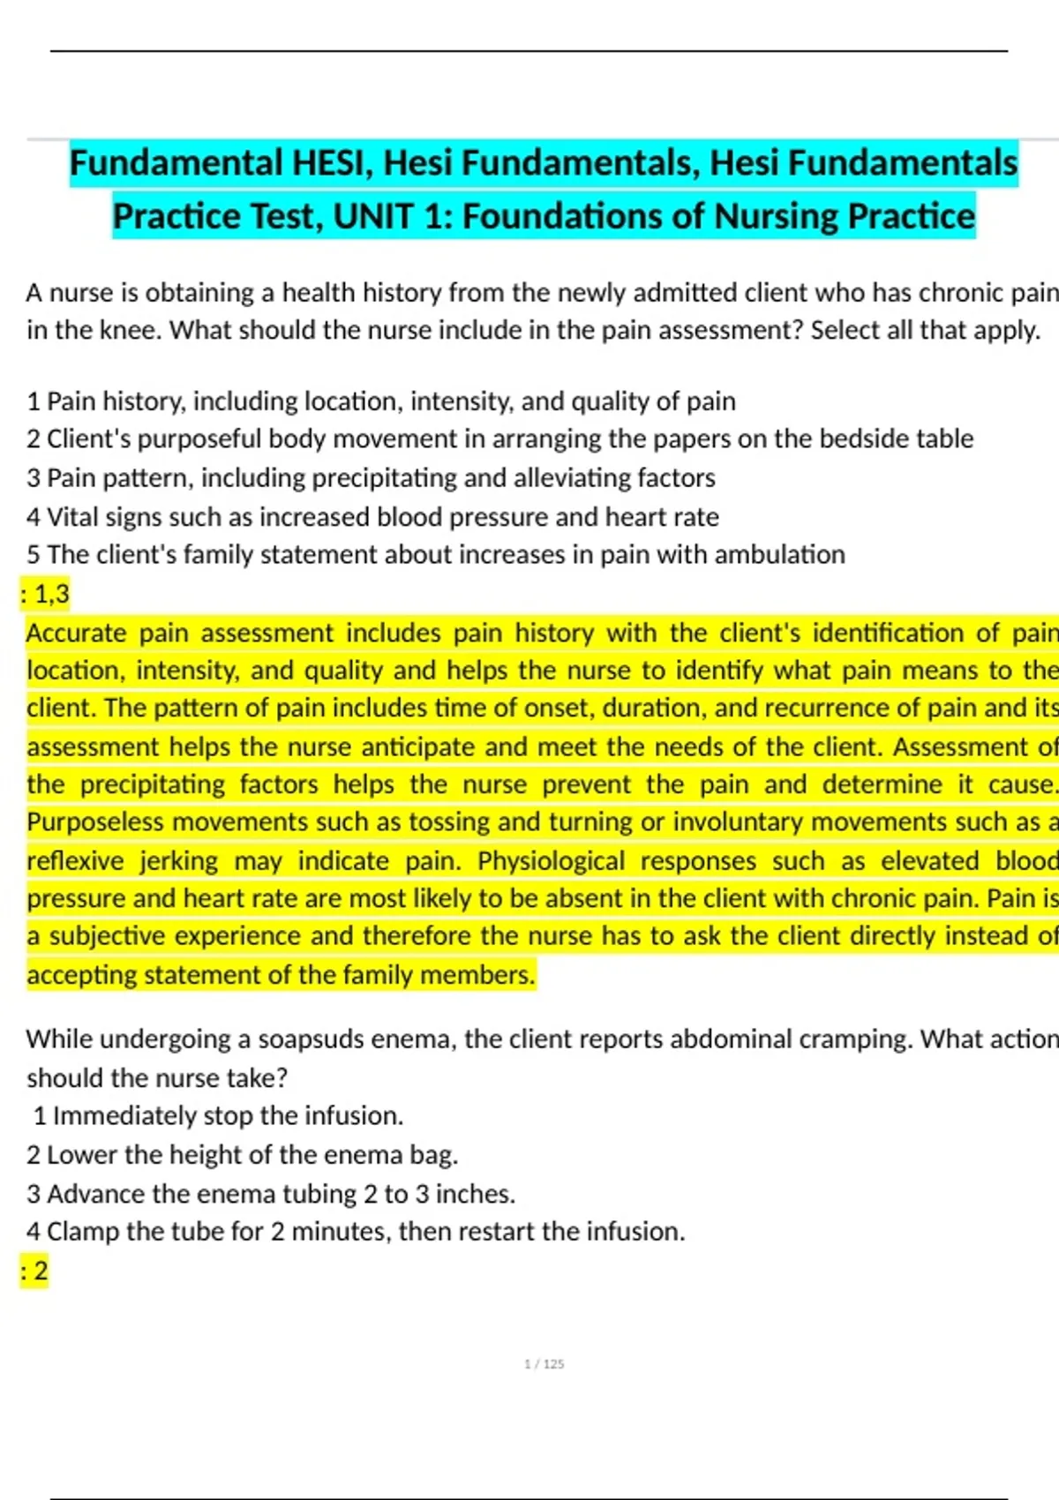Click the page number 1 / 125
[x=544, y=1364]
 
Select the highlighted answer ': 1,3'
[x=46, y=594]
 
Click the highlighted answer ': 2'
[x=35, y=1271]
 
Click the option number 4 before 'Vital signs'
[x=34, y=517]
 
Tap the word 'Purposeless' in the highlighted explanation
[x=94, y=822]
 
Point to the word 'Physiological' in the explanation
[x=551, y=861]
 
